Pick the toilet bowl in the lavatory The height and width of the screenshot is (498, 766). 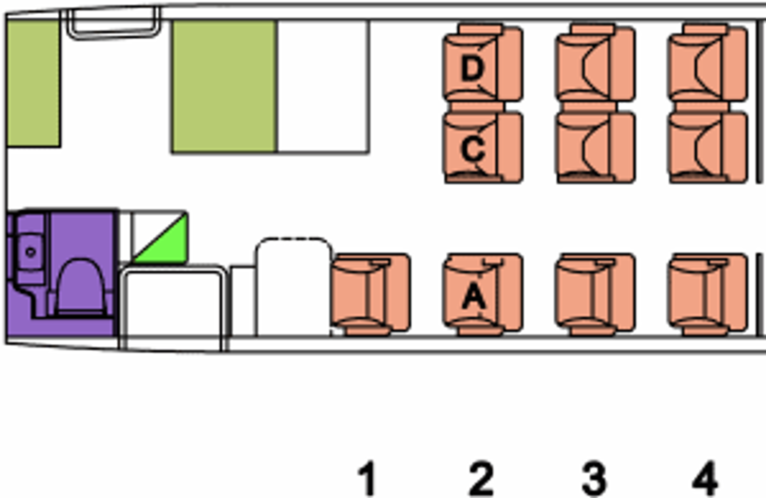(80, 287)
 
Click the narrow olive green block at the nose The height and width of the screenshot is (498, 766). (33, 83)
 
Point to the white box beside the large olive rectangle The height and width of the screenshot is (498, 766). (323, 86)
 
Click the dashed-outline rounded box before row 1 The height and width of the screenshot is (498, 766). (293, 287)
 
